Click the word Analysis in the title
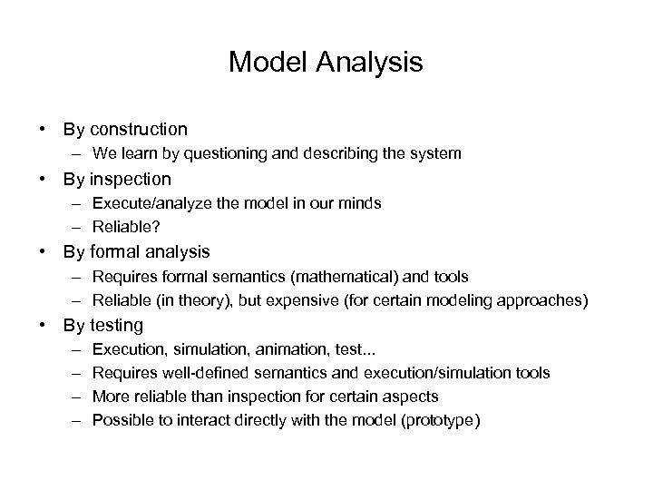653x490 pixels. click(x=372, y=63)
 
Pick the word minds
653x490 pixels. click(x=360, y=203)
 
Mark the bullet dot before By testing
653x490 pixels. click(x=44, y=325)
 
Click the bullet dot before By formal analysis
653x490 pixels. click(x=44, y=251)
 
